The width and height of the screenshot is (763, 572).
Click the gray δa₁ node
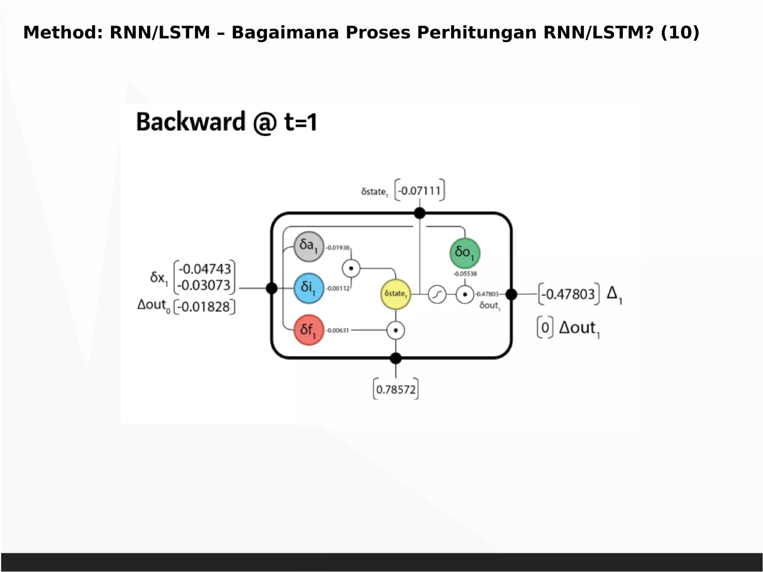pos(308,246)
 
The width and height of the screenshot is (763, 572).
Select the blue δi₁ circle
pos(308,288)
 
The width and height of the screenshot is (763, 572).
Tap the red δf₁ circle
pos(308,330)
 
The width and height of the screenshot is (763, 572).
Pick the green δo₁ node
pos(465,253)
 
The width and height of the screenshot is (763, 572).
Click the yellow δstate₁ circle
pos(395,294)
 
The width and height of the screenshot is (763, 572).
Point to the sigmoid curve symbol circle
pos(437,295)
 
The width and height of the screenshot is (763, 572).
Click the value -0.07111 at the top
pos(420,191)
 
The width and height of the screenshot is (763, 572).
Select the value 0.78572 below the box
pos(396,390)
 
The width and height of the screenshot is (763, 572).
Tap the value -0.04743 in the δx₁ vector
pos(205,269)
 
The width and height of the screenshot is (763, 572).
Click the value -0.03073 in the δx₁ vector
pos(205,285)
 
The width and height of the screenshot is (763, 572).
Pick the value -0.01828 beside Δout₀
pos(205,307)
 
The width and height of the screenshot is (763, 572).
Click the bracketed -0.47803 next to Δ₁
pos(569,294)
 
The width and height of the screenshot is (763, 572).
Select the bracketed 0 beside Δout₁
pos(545,328)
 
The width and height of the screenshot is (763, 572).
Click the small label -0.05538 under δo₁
pos(465,274)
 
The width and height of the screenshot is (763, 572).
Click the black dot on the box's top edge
pos(420,213)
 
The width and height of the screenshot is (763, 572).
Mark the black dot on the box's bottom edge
pos(396,358)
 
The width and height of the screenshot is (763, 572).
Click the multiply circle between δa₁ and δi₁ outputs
pos(351,268)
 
